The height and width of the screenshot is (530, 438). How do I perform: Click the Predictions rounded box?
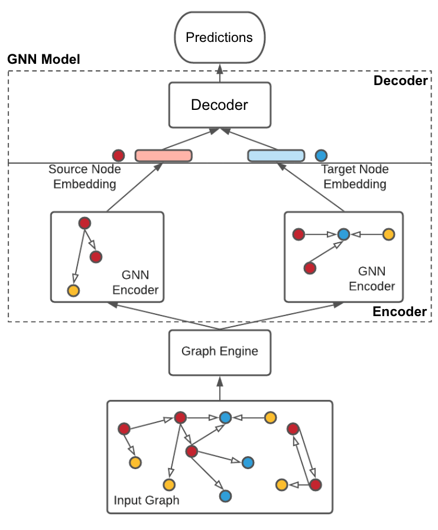219,38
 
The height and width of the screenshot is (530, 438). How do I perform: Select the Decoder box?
219,105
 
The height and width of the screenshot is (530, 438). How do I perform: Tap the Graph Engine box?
219,352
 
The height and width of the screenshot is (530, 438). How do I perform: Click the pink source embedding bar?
164,156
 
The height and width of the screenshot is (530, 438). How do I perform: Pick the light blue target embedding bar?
275,156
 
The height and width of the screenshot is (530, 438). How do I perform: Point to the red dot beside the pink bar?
118,156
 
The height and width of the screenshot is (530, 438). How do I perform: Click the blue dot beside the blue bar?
321,156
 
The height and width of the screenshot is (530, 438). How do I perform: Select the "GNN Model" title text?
43,60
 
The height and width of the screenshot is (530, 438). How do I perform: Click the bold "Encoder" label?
400,311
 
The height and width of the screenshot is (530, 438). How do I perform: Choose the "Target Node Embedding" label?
353,177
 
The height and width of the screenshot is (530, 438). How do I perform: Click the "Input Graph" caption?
146,501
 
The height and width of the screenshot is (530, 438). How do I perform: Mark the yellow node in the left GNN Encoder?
73,291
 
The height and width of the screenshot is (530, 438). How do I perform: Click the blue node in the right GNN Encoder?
343,235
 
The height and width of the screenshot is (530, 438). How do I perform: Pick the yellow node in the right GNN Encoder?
388,235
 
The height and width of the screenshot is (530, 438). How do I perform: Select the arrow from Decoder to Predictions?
219,73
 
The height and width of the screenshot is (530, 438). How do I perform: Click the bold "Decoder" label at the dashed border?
400,81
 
